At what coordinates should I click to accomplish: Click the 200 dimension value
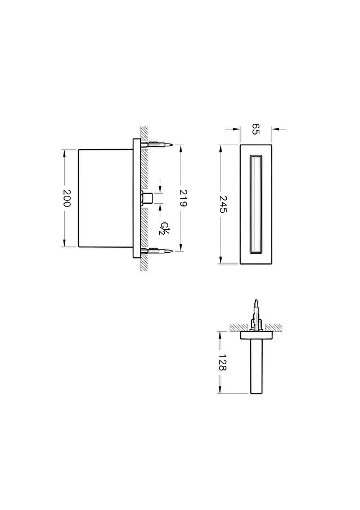pyautogui.click(x=66, y=198)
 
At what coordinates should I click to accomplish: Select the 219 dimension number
pyautogui.click(x=183, y=198)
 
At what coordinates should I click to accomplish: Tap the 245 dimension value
pyautogui.click(x=223, y=204)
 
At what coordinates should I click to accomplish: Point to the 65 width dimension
pyautogui.click(x=256, y=129)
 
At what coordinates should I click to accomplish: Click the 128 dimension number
pyautogui.click(x=223, y=363)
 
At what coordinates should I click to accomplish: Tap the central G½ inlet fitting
pyautogui.click(x=147, y=198)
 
